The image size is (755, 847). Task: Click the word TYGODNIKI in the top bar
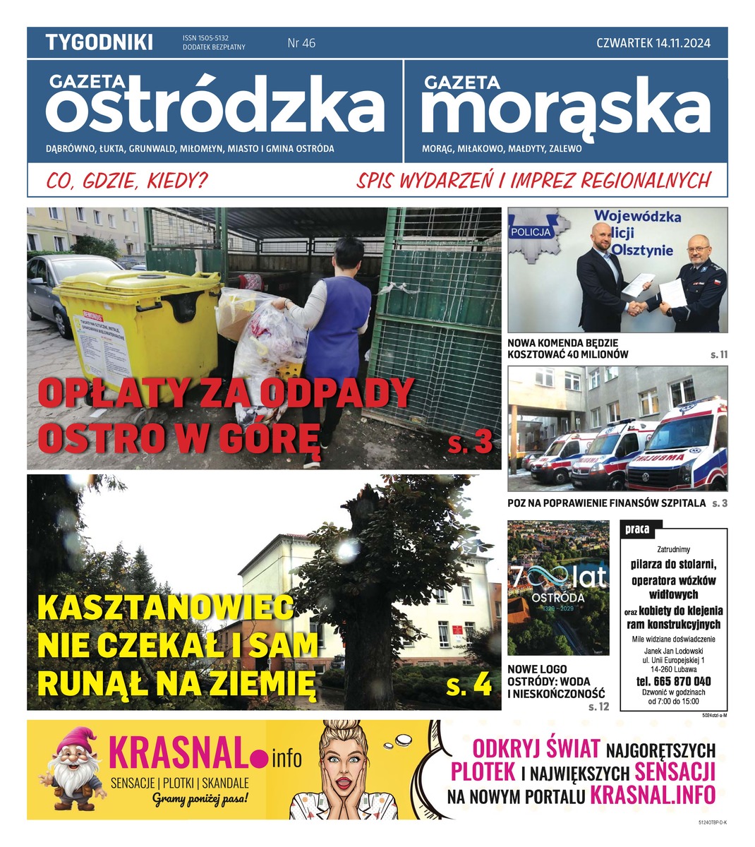pos(99,43)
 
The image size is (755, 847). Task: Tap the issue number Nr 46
pos(301,43)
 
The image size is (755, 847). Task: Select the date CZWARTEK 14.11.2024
pos(653,43)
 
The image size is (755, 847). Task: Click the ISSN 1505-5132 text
pos(210,38)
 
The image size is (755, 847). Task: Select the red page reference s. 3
pos(469,443)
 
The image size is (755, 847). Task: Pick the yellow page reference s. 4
pos(469,685)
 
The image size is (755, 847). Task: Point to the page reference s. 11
pos(718,354)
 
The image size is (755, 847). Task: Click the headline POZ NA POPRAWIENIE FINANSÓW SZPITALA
pos(606,503)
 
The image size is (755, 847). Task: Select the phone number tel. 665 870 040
pos(673,681)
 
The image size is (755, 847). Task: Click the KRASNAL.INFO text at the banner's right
pos(652,795)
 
